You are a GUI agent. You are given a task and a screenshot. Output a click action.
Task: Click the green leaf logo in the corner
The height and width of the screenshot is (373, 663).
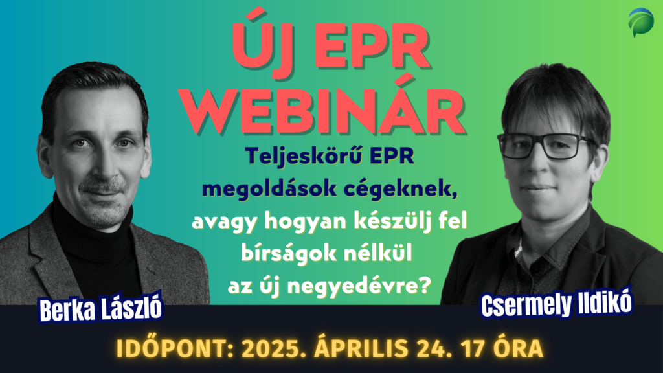pyautogui.click(x=640, y=22)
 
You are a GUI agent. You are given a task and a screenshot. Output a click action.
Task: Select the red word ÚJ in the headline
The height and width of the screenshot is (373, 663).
pyautogui.click(x=262, y=42)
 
